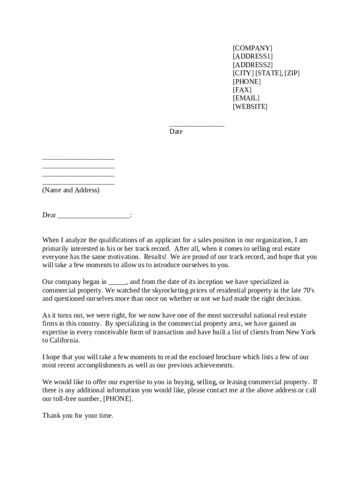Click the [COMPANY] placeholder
click(x=252, y=48)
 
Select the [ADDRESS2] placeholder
click(x=253, y=65)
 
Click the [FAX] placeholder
click(x=242, y=90)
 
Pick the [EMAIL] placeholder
click(x=246, y=98)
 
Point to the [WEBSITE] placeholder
click(x=250, y=107)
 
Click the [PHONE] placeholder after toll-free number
click(x=117, y=399)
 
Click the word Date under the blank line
click(x=176, y=132)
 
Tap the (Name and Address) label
click(x=71, y=190)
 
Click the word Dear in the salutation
click(x=49, y=215)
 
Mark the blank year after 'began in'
click(x=117, y=283)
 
